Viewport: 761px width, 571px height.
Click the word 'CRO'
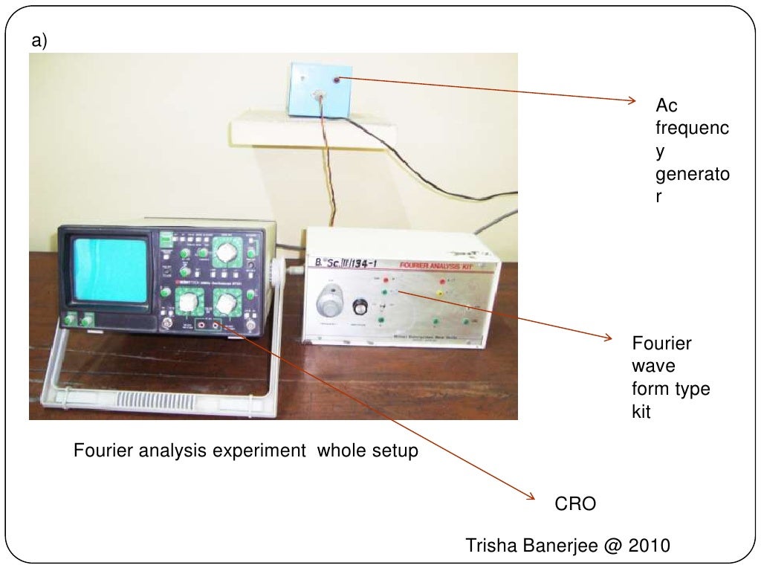point(576,505)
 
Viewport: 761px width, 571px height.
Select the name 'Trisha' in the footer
point(488,546)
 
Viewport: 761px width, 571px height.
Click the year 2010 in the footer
point(650,546)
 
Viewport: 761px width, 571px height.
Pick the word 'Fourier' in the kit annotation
point(661,343)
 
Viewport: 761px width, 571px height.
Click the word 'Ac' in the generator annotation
point(666,106)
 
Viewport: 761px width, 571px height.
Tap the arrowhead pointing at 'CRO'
point(531,497)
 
